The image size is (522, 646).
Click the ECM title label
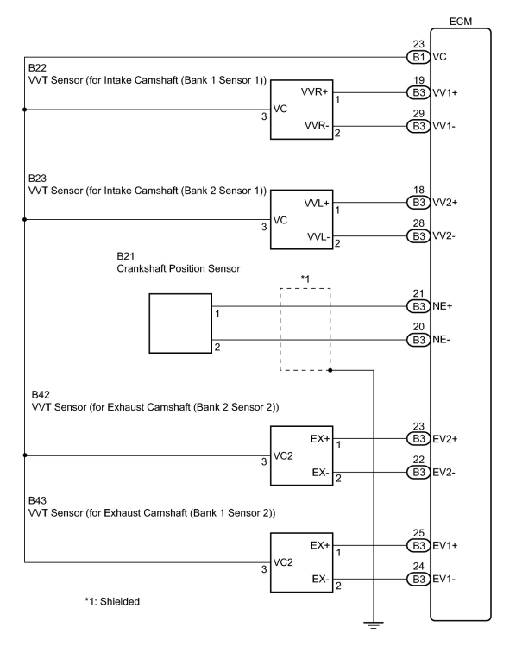point(460,22)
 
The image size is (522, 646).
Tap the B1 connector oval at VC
point(418,57)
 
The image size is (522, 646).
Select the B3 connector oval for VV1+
point(418,93)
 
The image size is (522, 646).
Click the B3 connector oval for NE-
point(418,340)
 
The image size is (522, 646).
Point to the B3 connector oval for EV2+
point(418,439)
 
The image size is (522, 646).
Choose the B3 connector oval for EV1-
point(418,579)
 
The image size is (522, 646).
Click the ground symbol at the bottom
point(373,625)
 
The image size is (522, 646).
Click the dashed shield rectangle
point(280,329)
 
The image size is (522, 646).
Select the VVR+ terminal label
point(314,91)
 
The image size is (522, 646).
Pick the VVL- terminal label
point(318,237)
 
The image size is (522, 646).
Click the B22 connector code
point(37,68)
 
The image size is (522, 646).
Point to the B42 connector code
point(41,395)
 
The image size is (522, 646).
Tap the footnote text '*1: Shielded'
point(112,602)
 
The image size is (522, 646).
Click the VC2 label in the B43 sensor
point(283,562)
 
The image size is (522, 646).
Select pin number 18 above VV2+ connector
point(418,190)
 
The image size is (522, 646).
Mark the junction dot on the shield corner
point(330,370)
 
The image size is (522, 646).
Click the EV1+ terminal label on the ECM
point(445,546)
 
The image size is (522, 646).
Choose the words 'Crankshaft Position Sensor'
point(178,268)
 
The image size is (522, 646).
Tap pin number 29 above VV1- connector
point(418,114)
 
